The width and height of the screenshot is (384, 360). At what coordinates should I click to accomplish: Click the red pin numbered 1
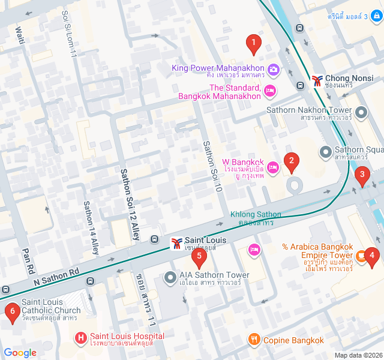coord(254,43)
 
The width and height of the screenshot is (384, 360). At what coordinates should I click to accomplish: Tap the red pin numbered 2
coord(291,161)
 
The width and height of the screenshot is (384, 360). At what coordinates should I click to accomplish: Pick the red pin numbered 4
coord(372,257)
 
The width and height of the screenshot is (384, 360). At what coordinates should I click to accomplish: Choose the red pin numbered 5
coord(199,257)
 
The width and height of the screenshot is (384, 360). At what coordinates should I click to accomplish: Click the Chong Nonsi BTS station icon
coord(317,79)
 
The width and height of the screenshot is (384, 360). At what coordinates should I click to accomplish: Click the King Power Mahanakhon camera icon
coord(273,69)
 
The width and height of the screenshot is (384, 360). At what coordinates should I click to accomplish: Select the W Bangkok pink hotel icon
coord(273,167)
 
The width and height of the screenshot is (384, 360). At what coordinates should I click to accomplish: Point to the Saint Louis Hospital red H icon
coord(82,338)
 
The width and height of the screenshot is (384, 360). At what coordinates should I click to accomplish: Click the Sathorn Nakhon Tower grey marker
coord(361,112)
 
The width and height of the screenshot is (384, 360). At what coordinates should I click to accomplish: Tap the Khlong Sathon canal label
coord(256,218)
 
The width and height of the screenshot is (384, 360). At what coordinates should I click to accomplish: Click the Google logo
coord(20,353)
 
